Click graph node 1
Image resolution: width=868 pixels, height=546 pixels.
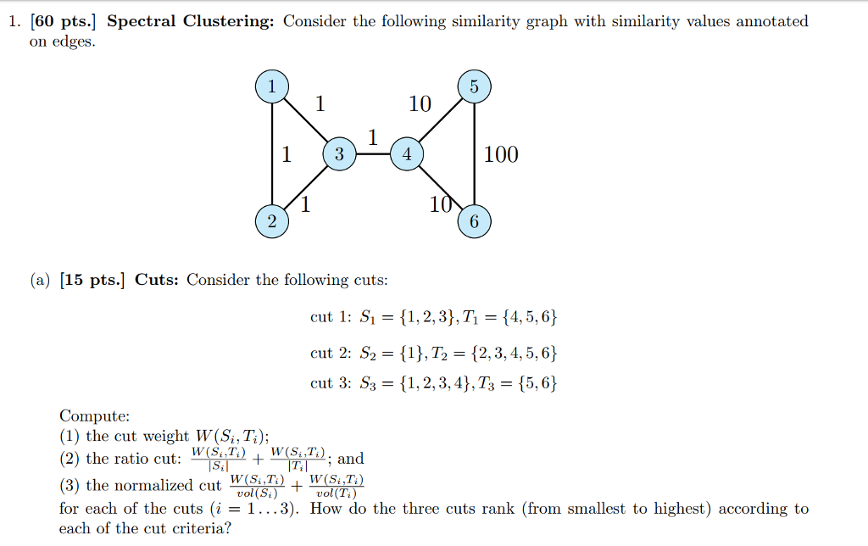point(271,86)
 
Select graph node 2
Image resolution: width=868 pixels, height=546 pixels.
point(271,222)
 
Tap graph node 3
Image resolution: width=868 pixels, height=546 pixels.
point(339,154)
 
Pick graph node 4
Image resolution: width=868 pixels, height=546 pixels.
point(407,154)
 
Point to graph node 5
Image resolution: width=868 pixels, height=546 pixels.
point(474,86)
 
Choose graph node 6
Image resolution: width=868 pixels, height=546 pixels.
point(474,222)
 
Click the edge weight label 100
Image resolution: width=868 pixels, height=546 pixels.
point(501,155)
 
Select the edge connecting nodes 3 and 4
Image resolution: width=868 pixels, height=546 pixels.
point(373,155)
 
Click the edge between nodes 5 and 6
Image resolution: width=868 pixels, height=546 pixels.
point(474,154)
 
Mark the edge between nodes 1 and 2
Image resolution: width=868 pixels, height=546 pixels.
point(271,154)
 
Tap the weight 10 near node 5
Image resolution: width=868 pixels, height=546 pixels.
point(420,104)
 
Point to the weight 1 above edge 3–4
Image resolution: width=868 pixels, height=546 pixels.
point(372,137)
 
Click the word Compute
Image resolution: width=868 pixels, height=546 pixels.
point(95,416)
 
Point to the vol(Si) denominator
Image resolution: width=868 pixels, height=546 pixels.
point(256,493)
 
